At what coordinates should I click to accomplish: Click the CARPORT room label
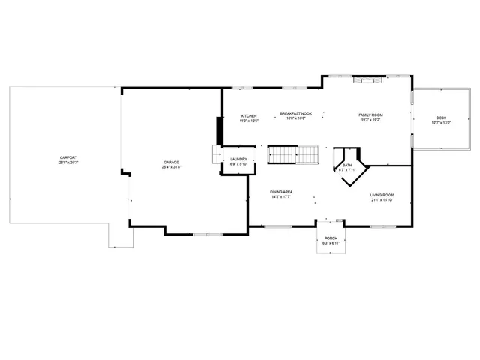tap(68, 157)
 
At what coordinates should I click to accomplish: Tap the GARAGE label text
tap(172, 162)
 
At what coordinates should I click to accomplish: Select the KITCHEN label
tap(249, 115)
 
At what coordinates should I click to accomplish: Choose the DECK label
tap(440, 118)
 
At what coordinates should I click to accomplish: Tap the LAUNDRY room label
tap(239, 159)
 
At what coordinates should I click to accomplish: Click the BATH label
tap(346, 165)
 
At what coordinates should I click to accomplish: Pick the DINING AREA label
tap(282, 192)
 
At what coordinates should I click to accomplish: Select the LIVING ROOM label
tap(382, 196)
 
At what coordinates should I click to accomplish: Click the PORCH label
tap(331, 238)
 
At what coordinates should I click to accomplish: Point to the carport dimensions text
tap(68, 163)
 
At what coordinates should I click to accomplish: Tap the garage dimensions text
tap(172, 167)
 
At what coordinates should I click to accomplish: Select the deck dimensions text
tap(440, 123)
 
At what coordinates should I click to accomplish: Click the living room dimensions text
tap(382, 201)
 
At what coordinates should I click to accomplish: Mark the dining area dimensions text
tap(282, 197)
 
